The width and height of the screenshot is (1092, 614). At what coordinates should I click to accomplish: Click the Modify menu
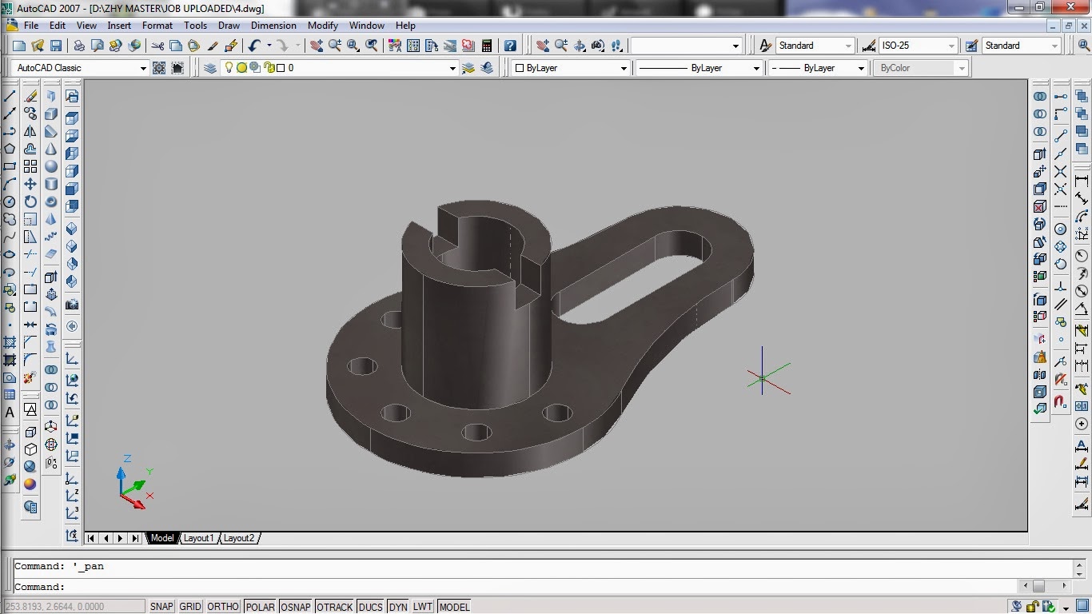tap(323, 26)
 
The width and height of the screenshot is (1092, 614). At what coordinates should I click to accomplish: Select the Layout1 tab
tap(199, 538)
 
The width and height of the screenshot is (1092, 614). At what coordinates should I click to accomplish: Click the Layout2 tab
tap(238, 538)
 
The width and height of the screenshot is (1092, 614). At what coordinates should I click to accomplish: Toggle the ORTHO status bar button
tap(223, 607)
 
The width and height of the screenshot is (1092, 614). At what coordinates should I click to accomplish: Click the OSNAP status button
tap(296, 607)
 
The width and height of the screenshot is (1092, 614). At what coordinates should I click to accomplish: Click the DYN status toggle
tap(398, 607)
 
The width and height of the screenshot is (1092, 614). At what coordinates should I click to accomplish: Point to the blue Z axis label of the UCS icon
tap(127, 459)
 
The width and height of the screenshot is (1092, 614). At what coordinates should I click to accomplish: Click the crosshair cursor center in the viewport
tap(763, 378)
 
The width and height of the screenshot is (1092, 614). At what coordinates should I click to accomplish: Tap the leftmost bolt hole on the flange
tap(362, 367)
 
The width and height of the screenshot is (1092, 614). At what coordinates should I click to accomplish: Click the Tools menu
tap(195, 26)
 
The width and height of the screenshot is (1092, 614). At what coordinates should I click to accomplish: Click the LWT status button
tap(422, 607)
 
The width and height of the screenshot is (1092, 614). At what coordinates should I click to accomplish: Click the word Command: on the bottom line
tap(39, 586)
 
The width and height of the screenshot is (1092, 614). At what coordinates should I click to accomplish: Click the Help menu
tap(405, 26)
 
